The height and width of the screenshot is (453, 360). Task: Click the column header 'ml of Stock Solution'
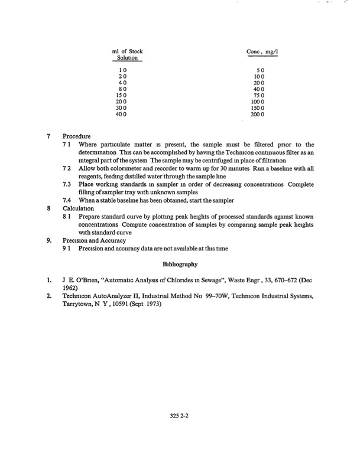pos(127,56)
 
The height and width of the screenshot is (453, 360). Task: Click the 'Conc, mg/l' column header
pos(262,52)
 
